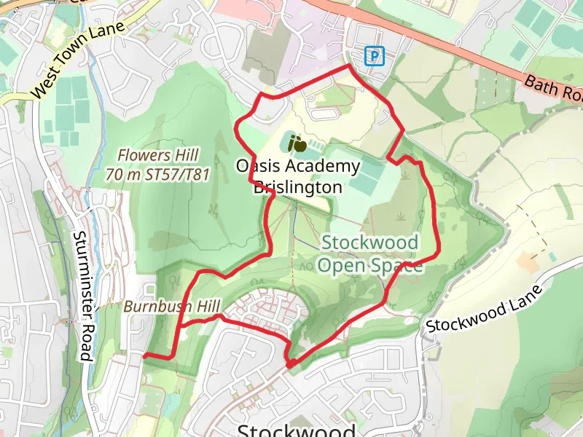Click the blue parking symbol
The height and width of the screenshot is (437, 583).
pyautogui.click(x=374, y=55)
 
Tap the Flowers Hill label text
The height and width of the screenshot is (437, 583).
pyautogui.click(x=158, y=155)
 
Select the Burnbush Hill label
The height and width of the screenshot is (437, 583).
pyautogui.click(x=172, y=307)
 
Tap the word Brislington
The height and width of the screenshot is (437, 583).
pyautogui.click(x=297, y=187)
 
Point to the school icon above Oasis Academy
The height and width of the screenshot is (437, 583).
pyautogui.click(x=294, y=142)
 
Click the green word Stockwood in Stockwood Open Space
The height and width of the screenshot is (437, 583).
pyautogui.click(x=370, y=243)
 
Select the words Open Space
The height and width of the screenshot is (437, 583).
pyautogui.click(x=370, y=265)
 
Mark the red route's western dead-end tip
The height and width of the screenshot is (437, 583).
pyautogui.click(x=144, y=355)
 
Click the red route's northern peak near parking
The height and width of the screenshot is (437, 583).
pyautogui.click(x=348, y=66)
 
